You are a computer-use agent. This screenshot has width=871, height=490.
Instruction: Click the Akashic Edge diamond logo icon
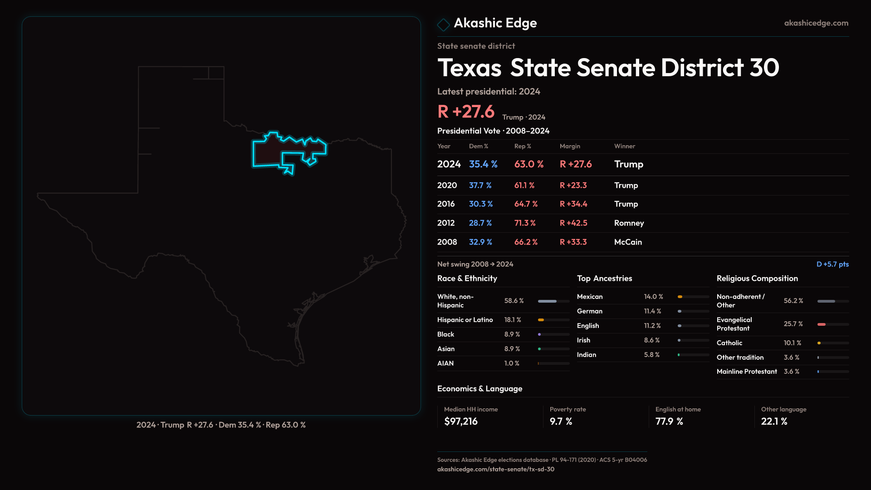(443, 24)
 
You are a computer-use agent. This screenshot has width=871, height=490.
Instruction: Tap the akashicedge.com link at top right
(816, 23)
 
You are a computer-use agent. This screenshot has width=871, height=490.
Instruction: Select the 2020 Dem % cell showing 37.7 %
(480, 186)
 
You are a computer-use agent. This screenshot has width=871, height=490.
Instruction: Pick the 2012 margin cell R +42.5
(573, 223)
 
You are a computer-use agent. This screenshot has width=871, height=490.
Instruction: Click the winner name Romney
(629, 223)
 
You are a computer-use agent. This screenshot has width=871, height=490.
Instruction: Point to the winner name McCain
(628, 242)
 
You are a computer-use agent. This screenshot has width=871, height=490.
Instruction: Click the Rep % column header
(523, 146)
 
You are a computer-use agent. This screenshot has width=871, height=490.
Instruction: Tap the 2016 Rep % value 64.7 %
(526, 204)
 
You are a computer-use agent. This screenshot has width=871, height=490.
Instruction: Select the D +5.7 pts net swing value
(832, 264)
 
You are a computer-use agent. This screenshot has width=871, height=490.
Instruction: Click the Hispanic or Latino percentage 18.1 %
(513, 320)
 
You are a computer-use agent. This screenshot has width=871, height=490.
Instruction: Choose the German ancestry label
(590, 311)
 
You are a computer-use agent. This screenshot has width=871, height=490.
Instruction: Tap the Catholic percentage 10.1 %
(792, 343)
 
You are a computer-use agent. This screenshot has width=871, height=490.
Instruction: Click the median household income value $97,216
(461, 421)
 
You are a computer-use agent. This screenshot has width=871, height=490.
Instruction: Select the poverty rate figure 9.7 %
(561, 421)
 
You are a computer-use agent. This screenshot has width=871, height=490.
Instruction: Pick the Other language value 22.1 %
(774, 421)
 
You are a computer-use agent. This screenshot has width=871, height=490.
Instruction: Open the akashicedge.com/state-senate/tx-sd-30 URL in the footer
(495, 469)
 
